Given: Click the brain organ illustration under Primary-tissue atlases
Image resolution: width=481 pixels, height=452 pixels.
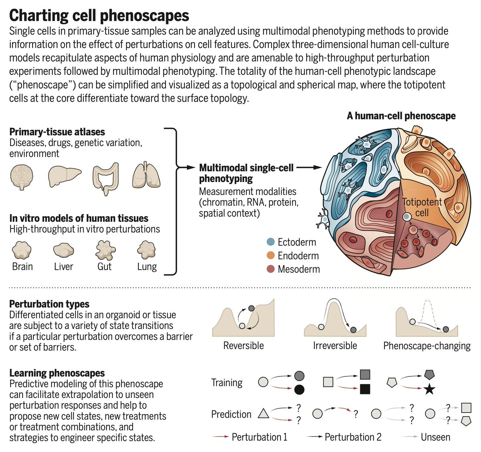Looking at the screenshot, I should point(22,177).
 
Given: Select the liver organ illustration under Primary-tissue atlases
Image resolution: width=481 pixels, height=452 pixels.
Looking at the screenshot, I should point(64,177).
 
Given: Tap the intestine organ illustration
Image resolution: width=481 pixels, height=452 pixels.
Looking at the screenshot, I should point(105,178).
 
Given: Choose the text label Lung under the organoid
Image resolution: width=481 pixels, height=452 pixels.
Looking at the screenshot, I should point(147,267).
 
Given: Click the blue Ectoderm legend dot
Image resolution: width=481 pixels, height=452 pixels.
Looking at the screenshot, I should point(271,242).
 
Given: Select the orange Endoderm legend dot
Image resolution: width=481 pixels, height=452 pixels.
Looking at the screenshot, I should point(271,255).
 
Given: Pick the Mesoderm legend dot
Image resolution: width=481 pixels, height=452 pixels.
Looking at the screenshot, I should point(271,269).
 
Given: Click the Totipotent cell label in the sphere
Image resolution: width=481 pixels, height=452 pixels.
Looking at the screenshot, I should point(422,207).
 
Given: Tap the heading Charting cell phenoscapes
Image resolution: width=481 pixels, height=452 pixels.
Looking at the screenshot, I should point(99,15).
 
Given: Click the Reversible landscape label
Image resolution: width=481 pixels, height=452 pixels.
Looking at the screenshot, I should point(243,346).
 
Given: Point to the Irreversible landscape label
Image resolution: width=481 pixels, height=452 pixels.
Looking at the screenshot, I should point(335,346).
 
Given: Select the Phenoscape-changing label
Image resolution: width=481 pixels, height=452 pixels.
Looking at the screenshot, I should point(427,346).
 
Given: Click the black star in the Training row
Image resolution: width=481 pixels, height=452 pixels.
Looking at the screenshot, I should point(429,389).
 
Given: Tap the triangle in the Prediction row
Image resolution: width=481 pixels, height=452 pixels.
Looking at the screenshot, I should point(263,413).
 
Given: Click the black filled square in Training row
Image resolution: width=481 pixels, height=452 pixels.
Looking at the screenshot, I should point(365,389).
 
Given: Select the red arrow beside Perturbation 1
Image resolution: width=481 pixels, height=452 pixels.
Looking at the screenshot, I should point(220,437).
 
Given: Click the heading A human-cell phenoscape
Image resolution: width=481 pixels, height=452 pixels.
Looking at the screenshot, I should point(401,116).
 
